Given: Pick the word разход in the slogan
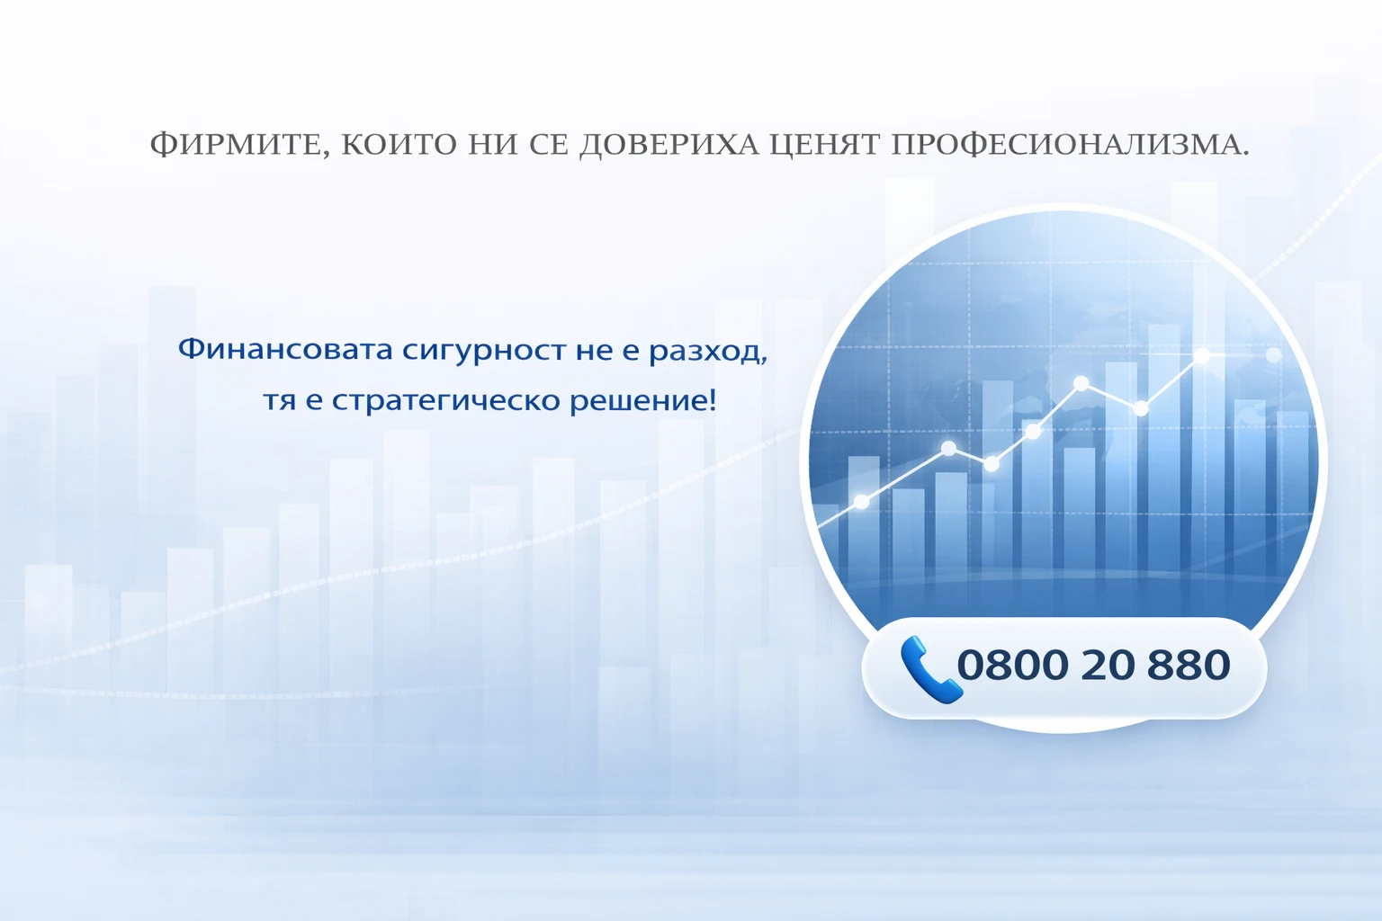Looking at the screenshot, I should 707,350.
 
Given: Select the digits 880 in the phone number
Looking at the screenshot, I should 1189,666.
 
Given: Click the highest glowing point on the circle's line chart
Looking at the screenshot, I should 1202,357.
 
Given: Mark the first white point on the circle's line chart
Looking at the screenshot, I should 861,502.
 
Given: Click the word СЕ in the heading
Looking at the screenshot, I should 549,144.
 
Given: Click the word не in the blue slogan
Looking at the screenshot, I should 594,350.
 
